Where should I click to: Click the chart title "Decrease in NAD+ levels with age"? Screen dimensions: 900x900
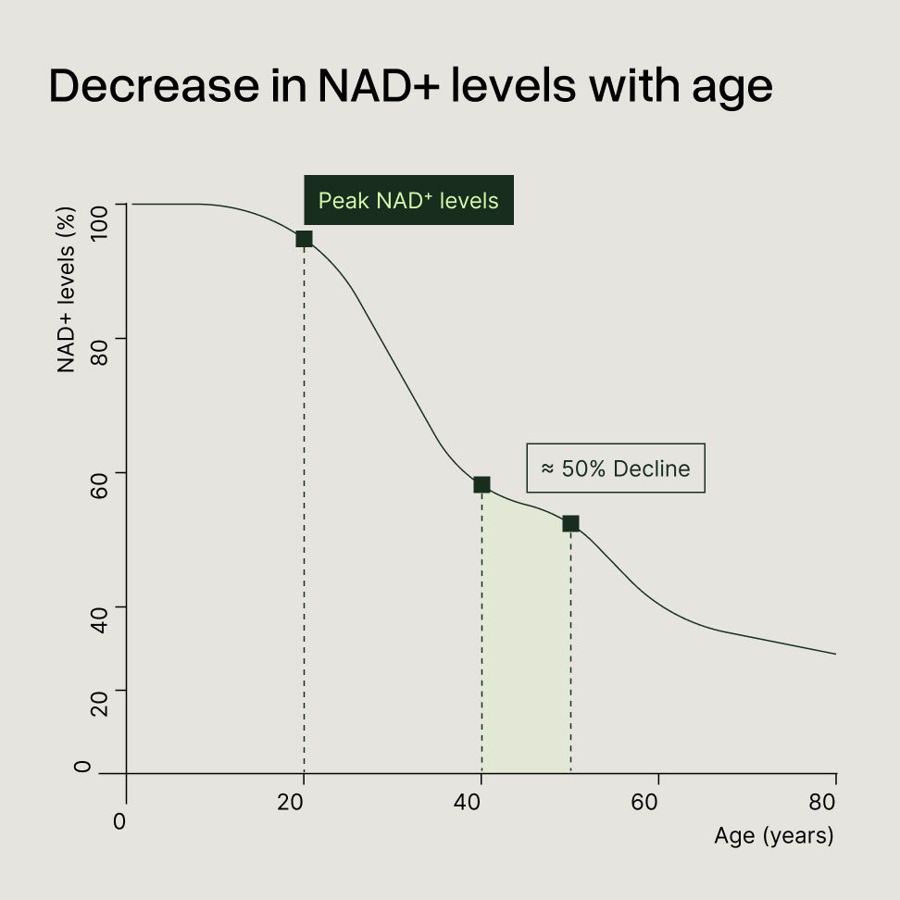click(x=410, y=86)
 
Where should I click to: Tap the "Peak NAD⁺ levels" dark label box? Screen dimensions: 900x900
click(x=408, y=200)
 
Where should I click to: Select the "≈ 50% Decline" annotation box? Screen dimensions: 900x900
click(x=616, y=468)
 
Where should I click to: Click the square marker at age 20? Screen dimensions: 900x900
click(x=304, y=239)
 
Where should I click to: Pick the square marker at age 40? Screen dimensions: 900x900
click(x=481, y=484)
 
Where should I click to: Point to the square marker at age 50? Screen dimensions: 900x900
click(x=570, y=523)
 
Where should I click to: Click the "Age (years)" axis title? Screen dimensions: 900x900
click(x=774, y=835)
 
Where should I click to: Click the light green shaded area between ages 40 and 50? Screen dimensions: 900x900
click(x=526, y=648)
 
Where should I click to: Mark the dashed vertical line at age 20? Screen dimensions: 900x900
click(x=304, y=519)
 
